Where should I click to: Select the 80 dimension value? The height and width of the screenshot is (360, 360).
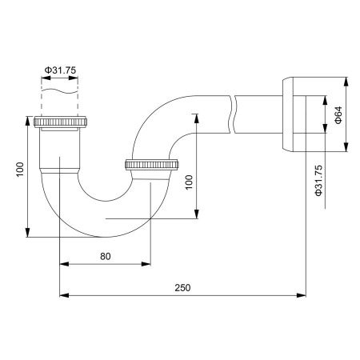(x=106, y=257)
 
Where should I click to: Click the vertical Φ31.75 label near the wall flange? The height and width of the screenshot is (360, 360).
(x=318, y=181)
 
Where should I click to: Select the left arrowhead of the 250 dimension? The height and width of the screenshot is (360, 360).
(x=65, y=296)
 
